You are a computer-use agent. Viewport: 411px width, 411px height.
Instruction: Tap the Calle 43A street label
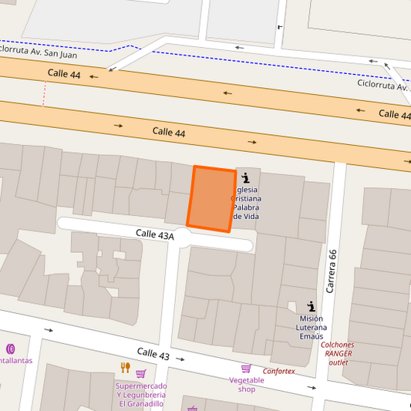coord(155,234)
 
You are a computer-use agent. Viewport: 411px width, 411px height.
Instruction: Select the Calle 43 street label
coord(153,353)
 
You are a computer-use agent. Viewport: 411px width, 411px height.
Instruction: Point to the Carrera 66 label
coord(332,271)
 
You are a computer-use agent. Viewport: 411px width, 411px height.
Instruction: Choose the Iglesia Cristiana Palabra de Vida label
coord(246,203)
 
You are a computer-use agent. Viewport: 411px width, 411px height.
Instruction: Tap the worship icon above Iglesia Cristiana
coord(245,178)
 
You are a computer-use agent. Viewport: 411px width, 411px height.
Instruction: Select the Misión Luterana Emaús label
coord(311,327)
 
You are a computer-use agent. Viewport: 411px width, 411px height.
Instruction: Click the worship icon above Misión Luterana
coord(311,305)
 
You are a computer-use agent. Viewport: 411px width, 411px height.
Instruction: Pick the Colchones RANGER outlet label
coord(338,353)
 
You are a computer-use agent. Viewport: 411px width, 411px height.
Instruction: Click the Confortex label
coord(278,371)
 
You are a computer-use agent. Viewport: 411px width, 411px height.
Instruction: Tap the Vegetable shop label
coord(247,384)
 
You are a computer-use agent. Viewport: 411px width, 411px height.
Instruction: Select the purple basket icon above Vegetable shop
coord(246,369)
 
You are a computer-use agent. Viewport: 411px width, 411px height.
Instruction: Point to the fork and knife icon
coord(125,367)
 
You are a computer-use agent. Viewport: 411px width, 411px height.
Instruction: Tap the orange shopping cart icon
coord(141,374)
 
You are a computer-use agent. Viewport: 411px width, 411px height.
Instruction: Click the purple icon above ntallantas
coord(10,349)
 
